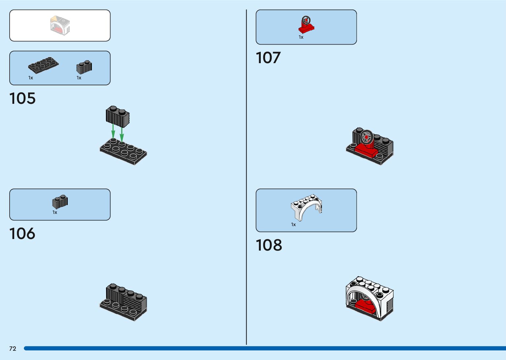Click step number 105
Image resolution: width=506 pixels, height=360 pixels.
click(22, 99)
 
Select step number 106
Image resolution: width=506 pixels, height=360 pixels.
click(22, 234)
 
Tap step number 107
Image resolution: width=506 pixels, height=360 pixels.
click(268, 58)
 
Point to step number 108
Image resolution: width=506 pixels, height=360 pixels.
click(269, 245)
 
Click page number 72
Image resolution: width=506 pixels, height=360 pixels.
click(13, 349)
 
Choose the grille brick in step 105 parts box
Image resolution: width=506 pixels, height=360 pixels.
click(84, 67)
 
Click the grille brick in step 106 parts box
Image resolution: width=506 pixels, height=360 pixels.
click(60, 202)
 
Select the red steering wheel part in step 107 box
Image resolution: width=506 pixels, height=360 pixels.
click(306, 25)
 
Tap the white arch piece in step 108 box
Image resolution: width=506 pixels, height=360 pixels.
click(306, 207)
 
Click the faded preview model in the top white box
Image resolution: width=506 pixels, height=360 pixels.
click(60, 25)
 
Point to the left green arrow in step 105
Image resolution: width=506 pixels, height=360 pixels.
click(113, 131)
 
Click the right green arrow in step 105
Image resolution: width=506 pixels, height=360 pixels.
click(122, 134)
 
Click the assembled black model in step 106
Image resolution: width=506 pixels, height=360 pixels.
click(123, 302)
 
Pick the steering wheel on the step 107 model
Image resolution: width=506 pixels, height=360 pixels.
click(366, 137)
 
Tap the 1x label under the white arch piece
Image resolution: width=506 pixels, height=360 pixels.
click(293, 224)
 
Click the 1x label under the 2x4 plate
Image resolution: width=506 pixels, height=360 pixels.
click(31, 78)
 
